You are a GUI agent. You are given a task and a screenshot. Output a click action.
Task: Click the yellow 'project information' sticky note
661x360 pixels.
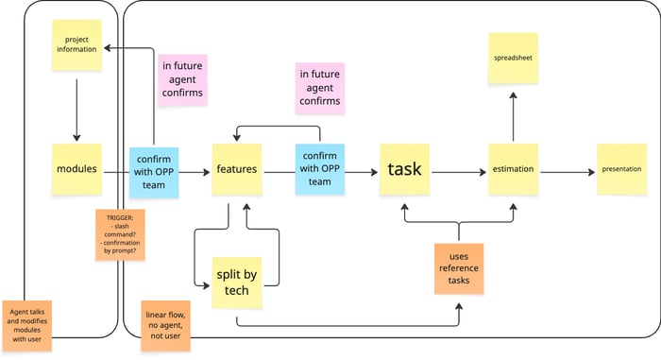(x=76, y=44)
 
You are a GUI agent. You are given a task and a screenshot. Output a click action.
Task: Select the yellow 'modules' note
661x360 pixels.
(x=76, y=169)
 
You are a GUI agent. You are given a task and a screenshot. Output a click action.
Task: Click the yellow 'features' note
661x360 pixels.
(x=236, y=169)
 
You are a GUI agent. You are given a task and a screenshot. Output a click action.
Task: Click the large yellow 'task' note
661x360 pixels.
(x=405, y=169)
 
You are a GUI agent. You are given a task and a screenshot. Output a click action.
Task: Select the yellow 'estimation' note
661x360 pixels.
(x=513, y=169)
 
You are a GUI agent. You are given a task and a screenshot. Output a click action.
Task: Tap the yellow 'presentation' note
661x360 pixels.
(x=621, y=169)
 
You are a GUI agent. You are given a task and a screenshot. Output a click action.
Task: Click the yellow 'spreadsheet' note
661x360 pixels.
(x=513, y=58)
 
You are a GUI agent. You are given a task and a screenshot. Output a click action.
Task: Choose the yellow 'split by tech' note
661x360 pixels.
(x=237, y=282)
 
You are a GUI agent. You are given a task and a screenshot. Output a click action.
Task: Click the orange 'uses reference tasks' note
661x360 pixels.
(x=459, y=267)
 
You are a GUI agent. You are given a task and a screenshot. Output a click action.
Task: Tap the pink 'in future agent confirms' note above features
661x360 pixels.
(x=182, y=79)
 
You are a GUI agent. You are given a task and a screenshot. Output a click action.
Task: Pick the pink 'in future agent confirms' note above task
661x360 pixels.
(x=319, y=88)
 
